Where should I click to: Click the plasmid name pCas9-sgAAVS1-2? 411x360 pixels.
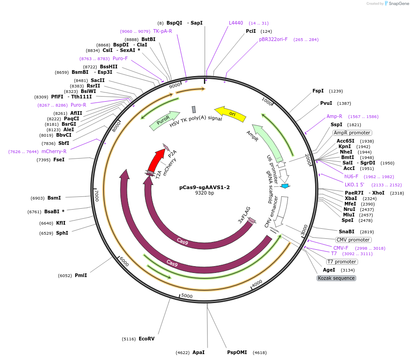coord(204,187)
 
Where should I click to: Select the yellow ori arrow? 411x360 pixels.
coord(230,113)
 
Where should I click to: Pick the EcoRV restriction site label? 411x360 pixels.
coord(146,339)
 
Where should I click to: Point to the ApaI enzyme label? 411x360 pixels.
coord(198,352)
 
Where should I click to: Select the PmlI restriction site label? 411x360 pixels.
coord(81,275)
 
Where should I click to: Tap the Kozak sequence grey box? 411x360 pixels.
coord(337,278)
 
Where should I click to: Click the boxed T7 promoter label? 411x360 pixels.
coord(342,262)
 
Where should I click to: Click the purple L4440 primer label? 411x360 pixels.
coord(236,23)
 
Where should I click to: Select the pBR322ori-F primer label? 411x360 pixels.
coord(273,39)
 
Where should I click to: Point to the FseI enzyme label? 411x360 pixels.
coord(59,159)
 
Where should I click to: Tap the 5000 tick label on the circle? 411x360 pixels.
coord(187,296)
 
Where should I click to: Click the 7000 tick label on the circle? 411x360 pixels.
coord(97,196)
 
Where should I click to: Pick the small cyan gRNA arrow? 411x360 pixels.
coord(285,186)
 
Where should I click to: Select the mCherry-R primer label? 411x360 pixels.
coord(54,151)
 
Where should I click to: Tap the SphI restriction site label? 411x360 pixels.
coord(62,233)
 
